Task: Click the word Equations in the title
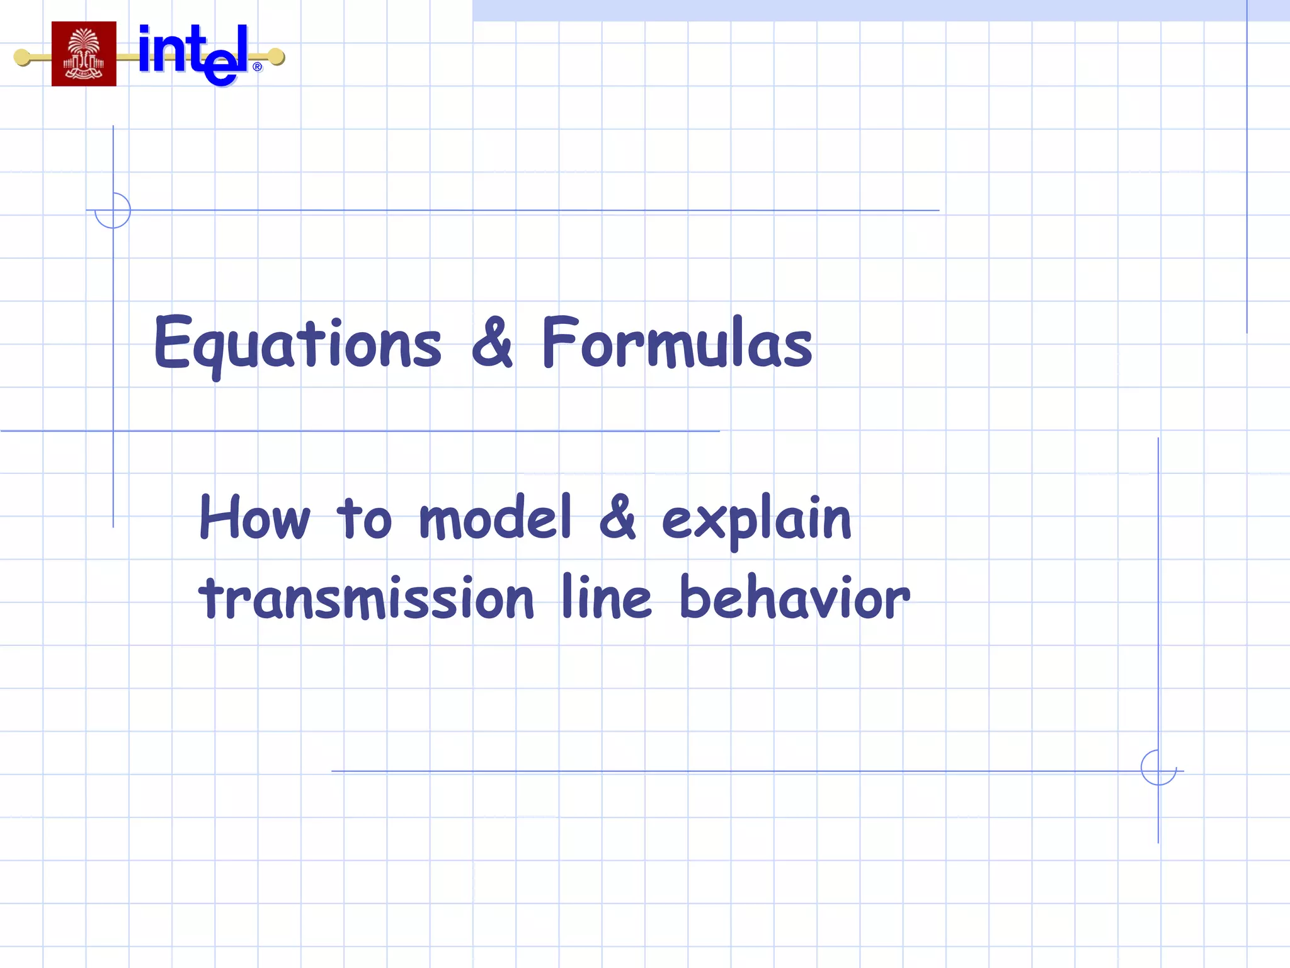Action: [x=297, y=344]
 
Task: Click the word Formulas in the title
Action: [x=677, y=343]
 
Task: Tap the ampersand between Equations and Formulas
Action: [x=492, y=343]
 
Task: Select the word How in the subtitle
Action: [x=254, y=517]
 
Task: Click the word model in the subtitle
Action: [x=495, y=517]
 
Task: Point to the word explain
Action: [x=756, y=520]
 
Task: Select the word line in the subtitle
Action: [x=606, y=597]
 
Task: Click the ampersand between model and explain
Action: [x=617, y=517]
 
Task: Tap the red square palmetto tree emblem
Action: [x=84, y=54]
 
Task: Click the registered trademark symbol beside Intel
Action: [x=257, y=67]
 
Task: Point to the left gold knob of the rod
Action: [x=23, y=57]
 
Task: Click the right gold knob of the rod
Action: [x=276, y=57]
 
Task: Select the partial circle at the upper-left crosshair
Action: [x=113, y=210]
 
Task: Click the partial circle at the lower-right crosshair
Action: [x=1158, y=768]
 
